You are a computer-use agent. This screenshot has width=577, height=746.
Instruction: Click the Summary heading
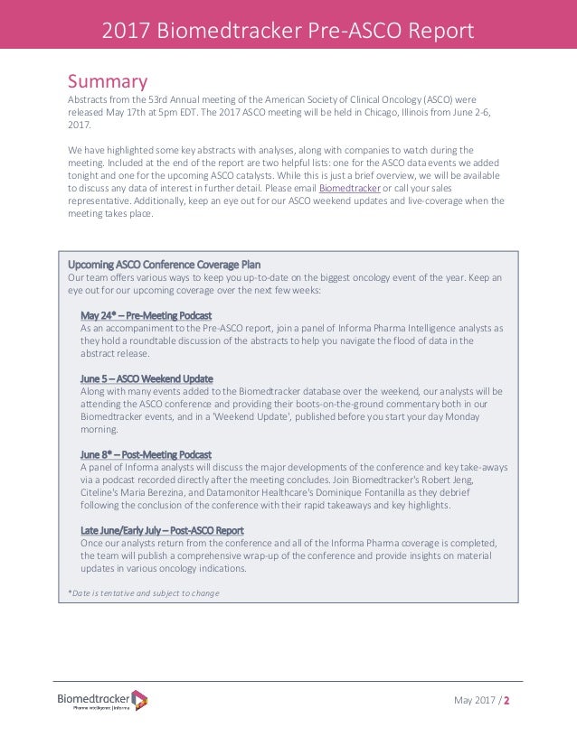(108, 82)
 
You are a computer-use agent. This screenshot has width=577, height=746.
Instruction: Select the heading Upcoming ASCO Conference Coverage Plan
(164, 265)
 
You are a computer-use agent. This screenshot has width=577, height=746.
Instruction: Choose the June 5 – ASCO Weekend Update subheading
(147, 378)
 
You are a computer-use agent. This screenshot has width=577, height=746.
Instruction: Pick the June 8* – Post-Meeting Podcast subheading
(146, 453)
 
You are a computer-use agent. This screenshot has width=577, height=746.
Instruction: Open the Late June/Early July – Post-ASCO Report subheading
(162, 530)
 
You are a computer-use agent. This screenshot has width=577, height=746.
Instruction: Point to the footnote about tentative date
(143, 592)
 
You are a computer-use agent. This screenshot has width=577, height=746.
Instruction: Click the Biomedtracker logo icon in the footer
(139, 698)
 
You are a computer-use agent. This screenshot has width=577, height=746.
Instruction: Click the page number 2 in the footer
(506, 701)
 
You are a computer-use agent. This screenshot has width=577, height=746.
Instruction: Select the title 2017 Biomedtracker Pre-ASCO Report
(288, 31)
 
